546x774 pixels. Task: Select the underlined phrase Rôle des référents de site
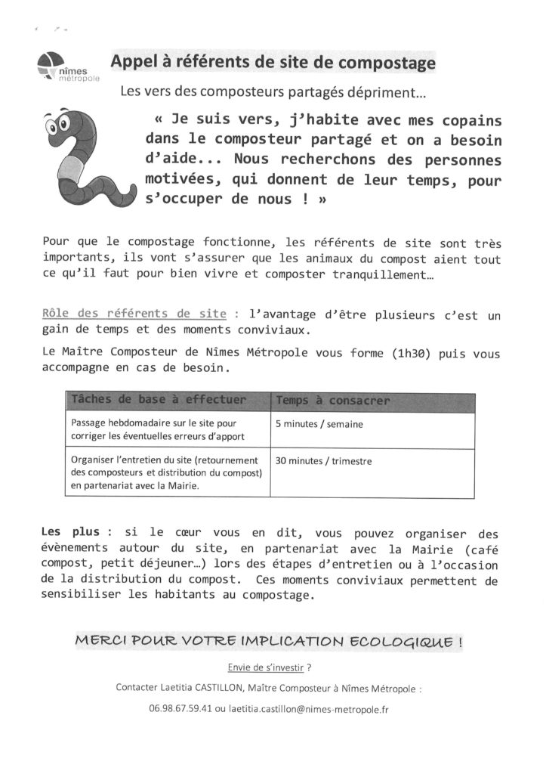pyautogui.click(x=134, y=313)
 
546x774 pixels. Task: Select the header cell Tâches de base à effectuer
pyautogui.click(x=158, y=399)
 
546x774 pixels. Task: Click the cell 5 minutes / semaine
pyautogui.click(x=319, y=424)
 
